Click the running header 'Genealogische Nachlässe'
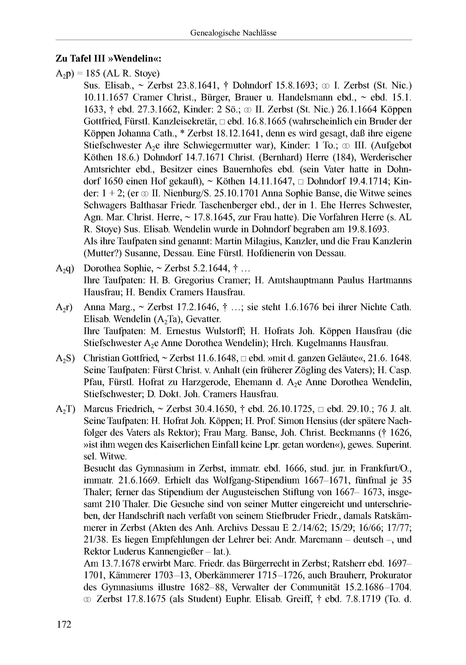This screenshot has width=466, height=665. click(x=233, y=33)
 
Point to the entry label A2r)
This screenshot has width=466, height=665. click(x=64, y=307)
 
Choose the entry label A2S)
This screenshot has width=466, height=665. click(x=65, y=359)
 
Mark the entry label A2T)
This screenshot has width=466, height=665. click(x=65, y=409)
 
